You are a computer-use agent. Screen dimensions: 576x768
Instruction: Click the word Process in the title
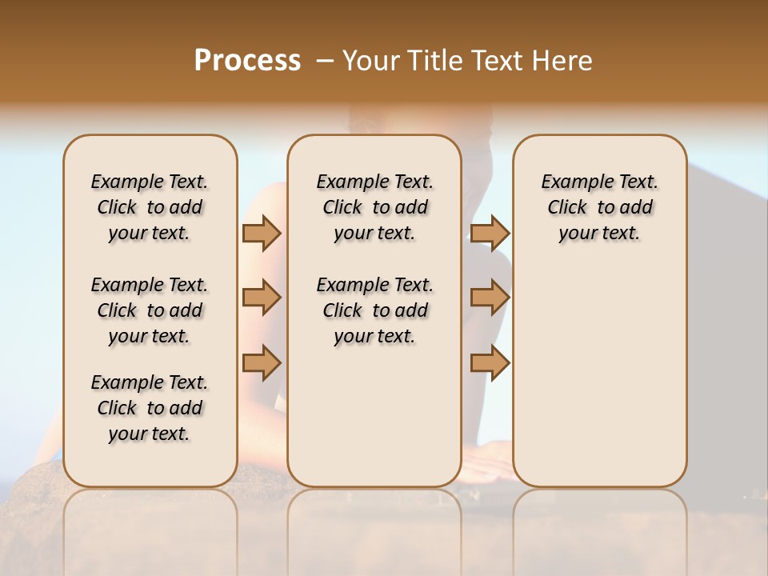click(247, 61)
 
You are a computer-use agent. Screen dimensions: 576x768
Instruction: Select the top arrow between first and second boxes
click(262, 233)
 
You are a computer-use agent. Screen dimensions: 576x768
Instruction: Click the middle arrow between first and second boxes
click(262, 298)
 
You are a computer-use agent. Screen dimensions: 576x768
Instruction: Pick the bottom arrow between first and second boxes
click(262, 362)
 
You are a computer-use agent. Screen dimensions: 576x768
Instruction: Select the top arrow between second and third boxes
click(490, 233)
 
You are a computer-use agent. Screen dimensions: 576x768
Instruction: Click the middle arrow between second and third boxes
click(490, 298)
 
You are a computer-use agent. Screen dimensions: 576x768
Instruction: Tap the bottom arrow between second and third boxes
click(490, 362)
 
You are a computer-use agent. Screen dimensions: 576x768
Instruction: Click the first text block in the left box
click(150, 207)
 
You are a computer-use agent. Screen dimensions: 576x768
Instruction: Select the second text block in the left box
click(150, 310)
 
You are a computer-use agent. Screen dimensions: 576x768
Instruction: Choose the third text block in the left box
click(150, 408)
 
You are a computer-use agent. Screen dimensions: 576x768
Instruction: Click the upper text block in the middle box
click(374, 207)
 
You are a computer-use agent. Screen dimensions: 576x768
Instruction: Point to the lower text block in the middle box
click(374, 310)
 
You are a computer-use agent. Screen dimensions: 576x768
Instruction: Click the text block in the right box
click(600, 207)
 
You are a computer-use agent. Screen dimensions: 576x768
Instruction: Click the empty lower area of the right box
click(600, 376)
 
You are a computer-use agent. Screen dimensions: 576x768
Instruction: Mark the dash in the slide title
click(325, 61)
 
